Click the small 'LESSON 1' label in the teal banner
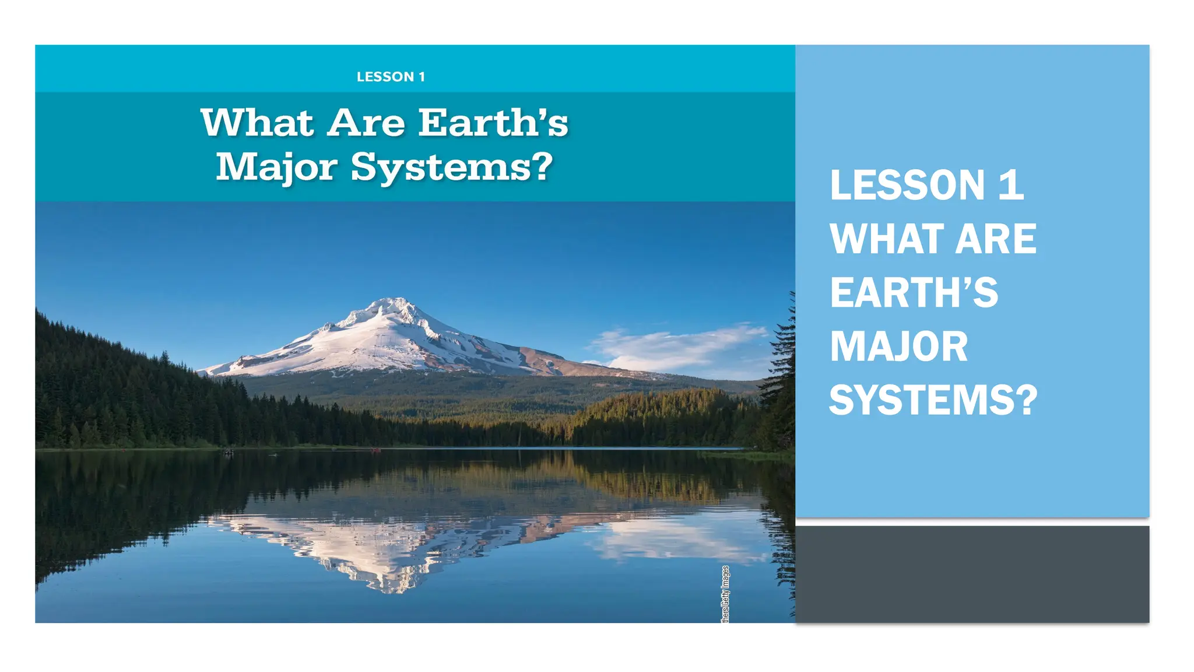pyautogui.click(x=391, y=77)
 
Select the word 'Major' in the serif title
pyautogui.click(x=277, y=167)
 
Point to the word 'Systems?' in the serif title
pyautogui.click(x=451, y=167)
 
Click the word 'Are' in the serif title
pyautogui.click(x=366, y=123)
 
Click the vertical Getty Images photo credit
pyautogui.click(x=725, y=594)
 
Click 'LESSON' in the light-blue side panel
pyautogui.click(x=907, y=185)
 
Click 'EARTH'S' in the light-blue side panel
pyautogui.click(x=914, y=293)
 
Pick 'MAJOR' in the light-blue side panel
pyautogui.click(x=898, y=346)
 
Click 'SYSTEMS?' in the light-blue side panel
pyautogui.click(x=933, y=400)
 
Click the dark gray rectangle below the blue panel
pyautogui.click(x=972, y=574)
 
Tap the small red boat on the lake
pyautogui.click(x=376, y=450)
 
